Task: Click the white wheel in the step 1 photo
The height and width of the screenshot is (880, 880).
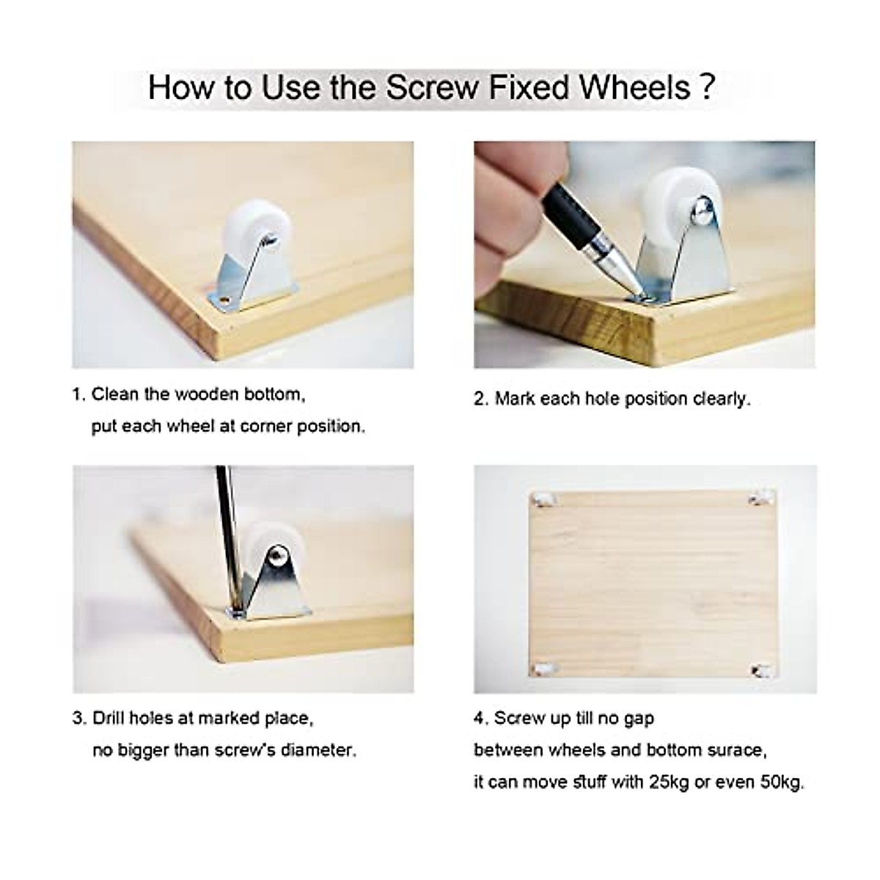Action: point(246,233)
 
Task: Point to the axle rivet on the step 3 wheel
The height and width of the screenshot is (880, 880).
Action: point(277,555)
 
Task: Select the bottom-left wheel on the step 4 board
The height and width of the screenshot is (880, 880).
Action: point(543,669)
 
